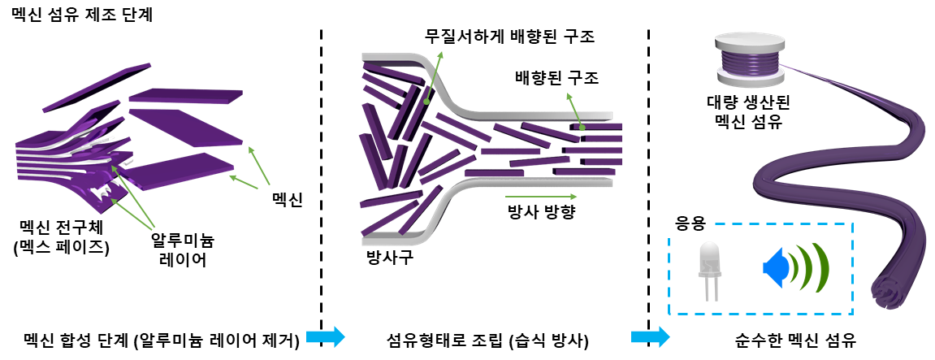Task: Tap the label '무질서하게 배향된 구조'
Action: [510, 38]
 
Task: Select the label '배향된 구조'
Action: [556, 79]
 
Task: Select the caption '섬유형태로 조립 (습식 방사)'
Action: [488, 337]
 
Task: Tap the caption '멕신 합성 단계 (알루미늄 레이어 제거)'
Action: [162, 337]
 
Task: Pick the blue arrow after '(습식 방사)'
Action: [651, 336]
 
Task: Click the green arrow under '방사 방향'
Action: [541, 196]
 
